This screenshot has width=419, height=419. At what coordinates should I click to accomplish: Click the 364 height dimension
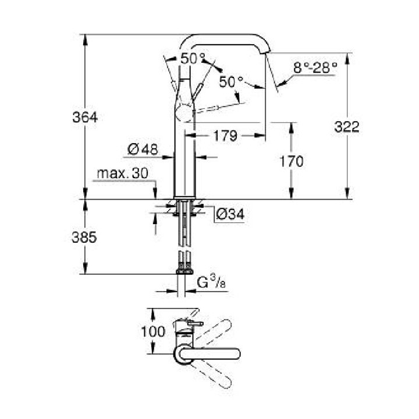(85, 117)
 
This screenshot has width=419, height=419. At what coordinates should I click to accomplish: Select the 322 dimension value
(347, 127)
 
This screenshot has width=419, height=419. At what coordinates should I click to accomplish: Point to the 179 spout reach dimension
(224, 136)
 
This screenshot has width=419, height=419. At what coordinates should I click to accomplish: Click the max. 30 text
(122, 173)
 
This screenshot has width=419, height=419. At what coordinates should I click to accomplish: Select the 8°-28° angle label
(315, 68)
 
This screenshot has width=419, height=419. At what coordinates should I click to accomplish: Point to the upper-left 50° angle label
(193, 59)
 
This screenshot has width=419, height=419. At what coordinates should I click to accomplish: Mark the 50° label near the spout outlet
(231, 82)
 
